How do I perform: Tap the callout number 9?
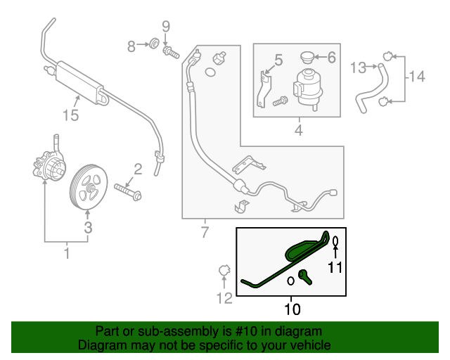[x=166, y=28]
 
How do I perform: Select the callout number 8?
[x=131, y=47]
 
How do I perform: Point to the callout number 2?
[x=138, y=169]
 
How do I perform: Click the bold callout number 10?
[x=291, y=309]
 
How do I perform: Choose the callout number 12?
[x=224, y=299]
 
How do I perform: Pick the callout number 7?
[x=205, y=233]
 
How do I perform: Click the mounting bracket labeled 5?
[x=264, y=87]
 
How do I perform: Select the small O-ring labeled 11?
[x=336, y=242]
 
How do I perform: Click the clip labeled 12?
[x=224, y=271]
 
